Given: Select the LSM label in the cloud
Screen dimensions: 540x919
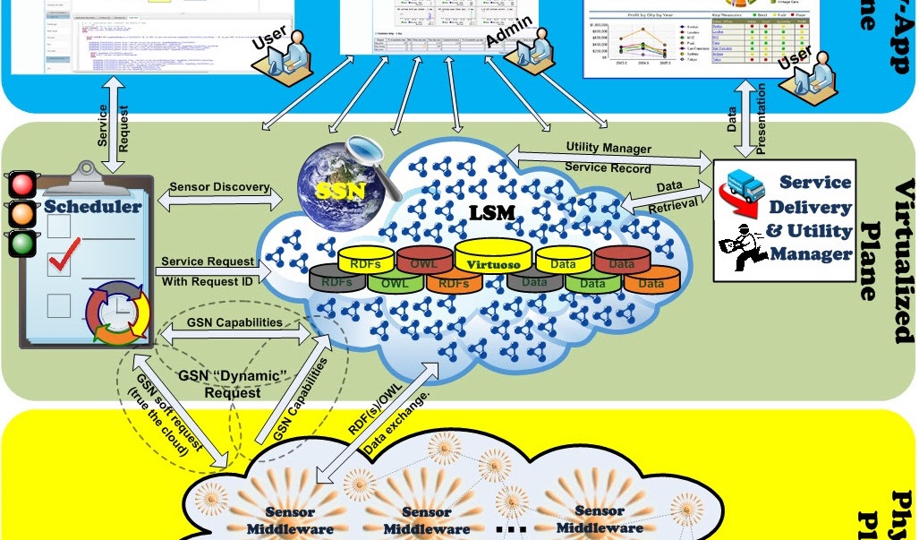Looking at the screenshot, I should click(x=493, y=215).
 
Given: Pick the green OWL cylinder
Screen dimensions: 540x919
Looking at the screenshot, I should click(x=395, y=283).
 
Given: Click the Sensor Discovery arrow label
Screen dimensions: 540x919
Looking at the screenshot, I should click(x=218, y=187).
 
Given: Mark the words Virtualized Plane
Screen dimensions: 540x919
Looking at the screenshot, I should click(x=886, y=260).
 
